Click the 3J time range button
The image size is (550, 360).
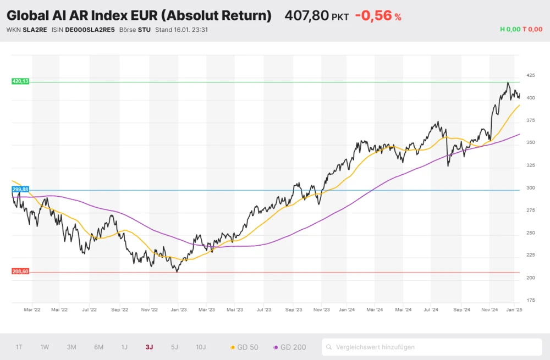pyautogui.click(x=149, y=347)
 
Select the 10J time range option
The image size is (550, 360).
pyautogui.click(x=201, y=347)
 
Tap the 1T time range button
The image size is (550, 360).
pyautogui.click(x=19, y=347)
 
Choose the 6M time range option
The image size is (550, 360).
pyautogui.click(x=99, y=347)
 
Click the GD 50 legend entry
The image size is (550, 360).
pyautogui.click(x=245, y=347)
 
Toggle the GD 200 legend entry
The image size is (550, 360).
pyautogui.click(x=290, y=347)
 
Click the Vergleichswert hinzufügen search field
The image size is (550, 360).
pyautogui.click(x=432, y=347)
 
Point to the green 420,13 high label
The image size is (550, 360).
pyautogui.click(x=20, y=81)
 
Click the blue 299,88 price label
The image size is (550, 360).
pyautogui.click(x=20, y=189)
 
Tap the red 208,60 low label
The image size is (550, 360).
pyautogui.click(x=20, y=272)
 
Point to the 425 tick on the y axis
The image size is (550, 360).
pyautogui.click(x=531, y=75)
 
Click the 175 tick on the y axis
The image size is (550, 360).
pyautogui.click(x=531, y=301)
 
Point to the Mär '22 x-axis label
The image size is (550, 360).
pyautogui.click(x=32, y=310)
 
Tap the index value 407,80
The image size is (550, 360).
pyautogui.click(x=306, y=16)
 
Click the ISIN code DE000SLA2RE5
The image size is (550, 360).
pyautogui.click(x=90, y=30)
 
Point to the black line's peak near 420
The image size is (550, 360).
pyautogui.click(x=508, y=83)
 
